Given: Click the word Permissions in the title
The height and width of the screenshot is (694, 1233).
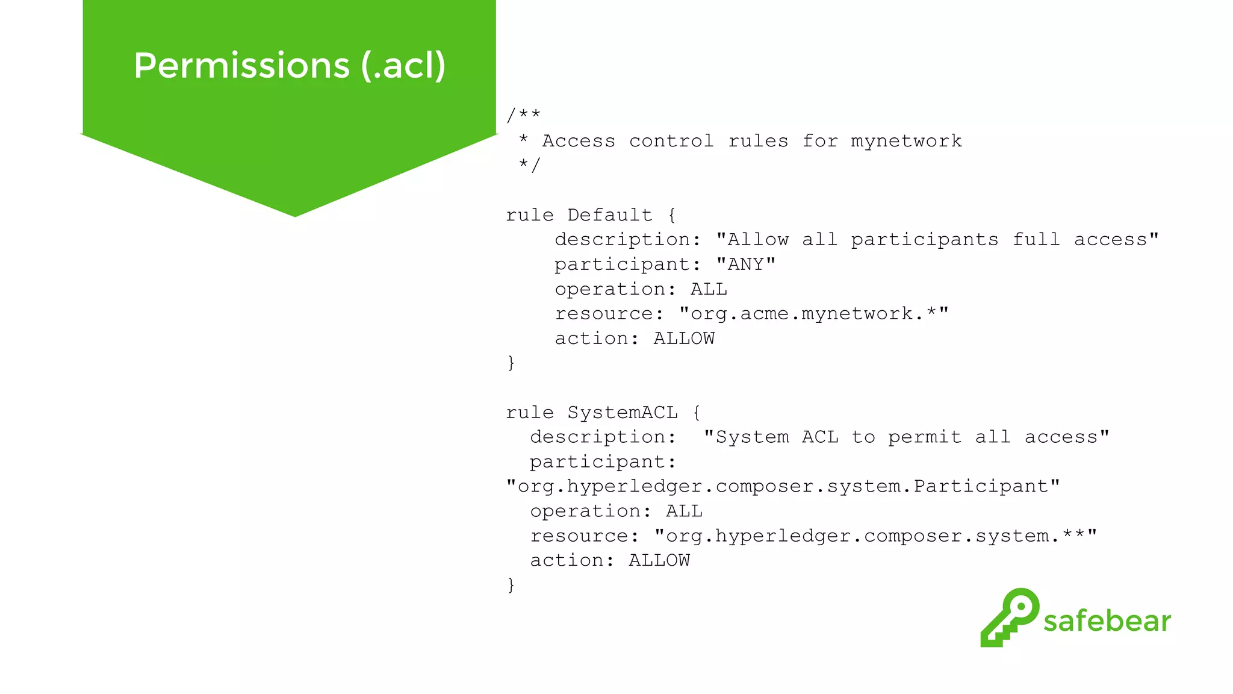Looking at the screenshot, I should (241, 65).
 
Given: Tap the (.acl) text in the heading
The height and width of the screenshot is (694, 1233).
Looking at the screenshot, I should (403, 65).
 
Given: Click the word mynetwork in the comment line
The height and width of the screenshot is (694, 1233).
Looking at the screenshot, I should (906, 141).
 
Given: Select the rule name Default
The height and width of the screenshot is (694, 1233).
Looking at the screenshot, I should (610, 215).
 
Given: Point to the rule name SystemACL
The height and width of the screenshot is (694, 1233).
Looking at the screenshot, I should (623, 413).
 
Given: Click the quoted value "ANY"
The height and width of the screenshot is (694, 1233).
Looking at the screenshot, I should (745, 264).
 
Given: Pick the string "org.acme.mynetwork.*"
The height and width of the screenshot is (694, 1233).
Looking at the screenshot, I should (813, 314).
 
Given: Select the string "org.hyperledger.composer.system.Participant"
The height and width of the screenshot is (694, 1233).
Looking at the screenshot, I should (783, 487).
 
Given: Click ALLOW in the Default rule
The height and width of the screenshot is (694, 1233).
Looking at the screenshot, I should (684, 339).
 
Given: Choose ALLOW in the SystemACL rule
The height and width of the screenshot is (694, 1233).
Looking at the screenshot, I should (659, 561).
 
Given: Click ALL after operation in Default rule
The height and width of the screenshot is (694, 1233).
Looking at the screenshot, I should (709, 289).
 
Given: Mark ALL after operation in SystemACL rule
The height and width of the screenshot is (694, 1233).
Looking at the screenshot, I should (684, 511).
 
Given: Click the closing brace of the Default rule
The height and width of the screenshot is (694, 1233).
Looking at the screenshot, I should (511, 363).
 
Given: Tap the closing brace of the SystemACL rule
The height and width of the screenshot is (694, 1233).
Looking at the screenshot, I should (511, 585).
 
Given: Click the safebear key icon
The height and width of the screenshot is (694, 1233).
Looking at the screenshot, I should (1009, 617).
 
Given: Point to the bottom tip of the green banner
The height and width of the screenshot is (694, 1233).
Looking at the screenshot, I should (295, 214).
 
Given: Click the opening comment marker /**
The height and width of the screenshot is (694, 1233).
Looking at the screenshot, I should (523, 114).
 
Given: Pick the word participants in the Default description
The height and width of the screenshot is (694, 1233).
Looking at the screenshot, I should (924, 240).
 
